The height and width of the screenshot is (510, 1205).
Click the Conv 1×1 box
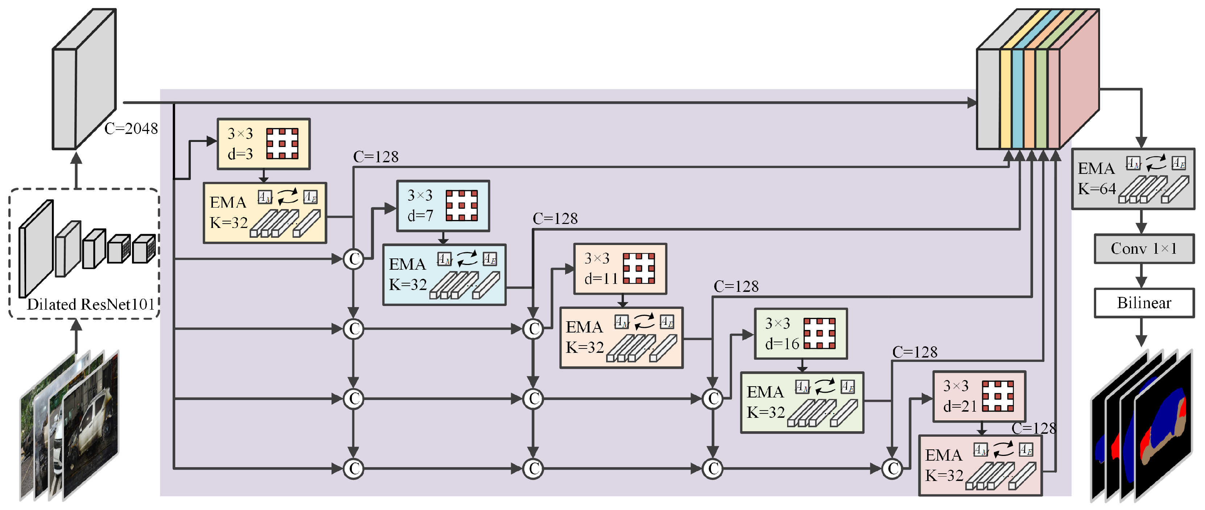[1143, 249]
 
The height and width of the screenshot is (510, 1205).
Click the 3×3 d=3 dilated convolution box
[263, 144]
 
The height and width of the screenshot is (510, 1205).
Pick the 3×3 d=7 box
[443, 205]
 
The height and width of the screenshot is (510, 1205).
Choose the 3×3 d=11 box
[620, 268]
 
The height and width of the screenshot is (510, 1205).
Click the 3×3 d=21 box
[979, 396]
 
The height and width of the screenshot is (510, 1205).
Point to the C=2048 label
[131, 128]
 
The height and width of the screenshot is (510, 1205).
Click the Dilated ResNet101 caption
[91, 305]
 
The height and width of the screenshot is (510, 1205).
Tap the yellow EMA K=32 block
[265, 213]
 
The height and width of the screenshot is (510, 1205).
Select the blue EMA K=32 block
[444, 275]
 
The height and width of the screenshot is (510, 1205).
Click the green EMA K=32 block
[802, 402]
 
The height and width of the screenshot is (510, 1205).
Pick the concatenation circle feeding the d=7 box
[354, 258]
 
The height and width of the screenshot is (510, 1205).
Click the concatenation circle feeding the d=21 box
[892, 468]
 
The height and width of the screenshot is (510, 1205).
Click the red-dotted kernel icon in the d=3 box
[282, 144]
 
